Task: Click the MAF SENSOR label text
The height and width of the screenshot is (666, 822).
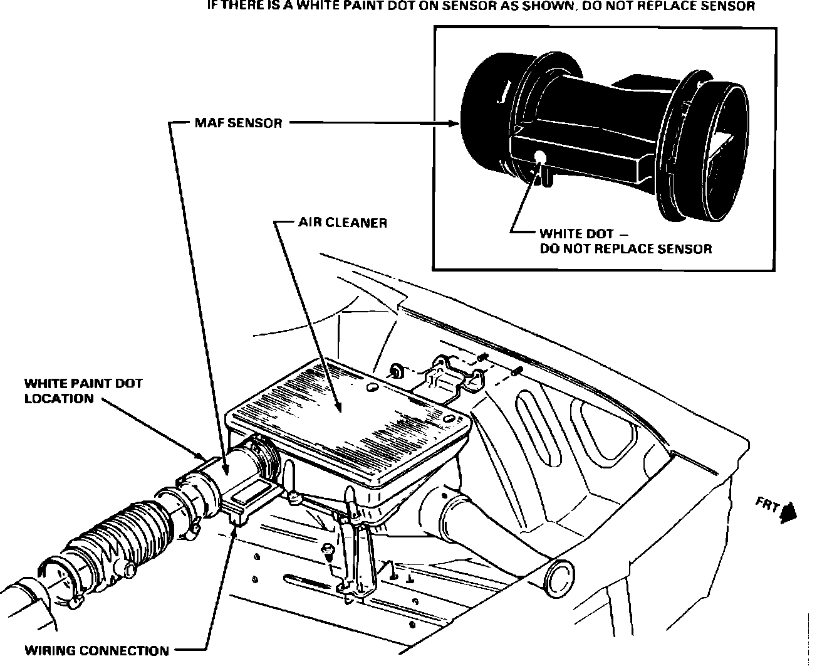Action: point(238,123)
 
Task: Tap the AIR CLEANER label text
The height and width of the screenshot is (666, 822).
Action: point(343,223)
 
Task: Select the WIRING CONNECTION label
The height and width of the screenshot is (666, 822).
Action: point(96,650)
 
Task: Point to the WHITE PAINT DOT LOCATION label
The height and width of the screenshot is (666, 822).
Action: point(83,391)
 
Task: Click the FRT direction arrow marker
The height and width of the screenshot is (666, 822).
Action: point(788,512)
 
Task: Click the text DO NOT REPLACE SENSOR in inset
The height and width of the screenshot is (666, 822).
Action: point(625,249)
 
